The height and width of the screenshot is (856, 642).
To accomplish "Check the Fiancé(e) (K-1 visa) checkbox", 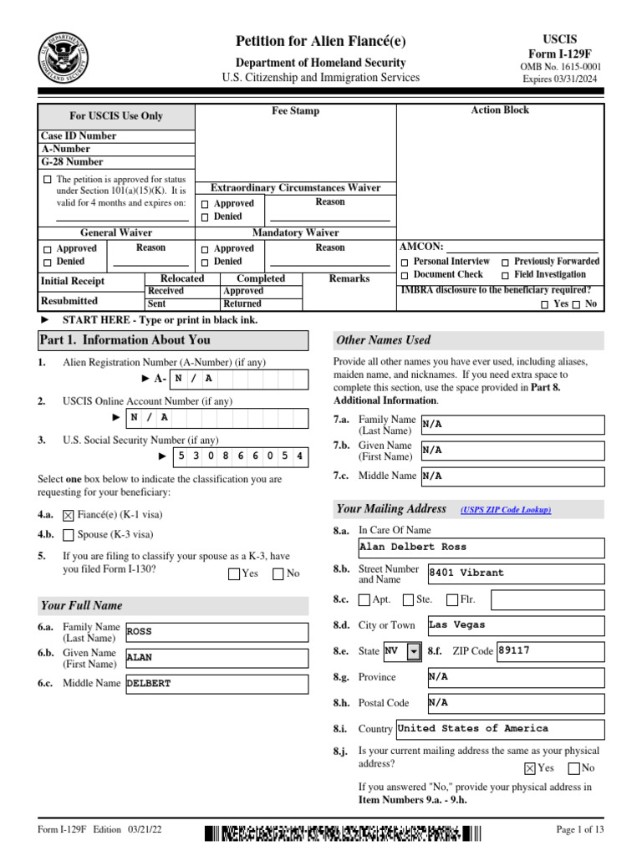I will [69, 517].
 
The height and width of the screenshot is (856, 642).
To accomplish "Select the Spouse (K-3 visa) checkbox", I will [69, 535].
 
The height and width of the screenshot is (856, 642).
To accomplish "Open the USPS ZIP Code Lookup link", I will [506, 510].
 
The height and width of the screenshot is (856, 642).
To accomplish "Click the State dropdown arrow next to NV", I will [413, 651].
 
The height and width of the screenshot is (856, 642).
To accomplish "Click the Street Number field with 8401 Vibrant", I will [514, 573].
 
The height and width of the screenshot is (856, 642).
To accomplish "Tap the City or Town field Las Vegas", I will [514, 625].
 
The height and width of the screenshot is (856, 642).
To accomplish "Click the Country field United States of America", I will [499, 729].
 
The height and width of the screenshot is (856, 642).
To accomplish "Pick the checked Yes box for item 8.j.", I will [530, 768].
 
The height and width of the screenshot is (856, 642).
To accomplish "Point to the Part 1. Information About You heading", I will [125, 340].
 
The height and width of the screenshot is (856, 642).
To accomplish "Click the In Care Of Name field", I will [481, 548].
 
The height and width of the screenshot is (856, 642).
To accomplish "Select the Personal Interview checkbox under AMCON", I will [405, 262].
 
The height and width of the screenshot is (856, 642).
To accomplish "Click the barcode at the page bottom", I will [343, 833].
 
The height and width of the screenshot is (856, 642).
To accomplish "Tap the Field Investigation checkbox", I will [506, 275].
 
